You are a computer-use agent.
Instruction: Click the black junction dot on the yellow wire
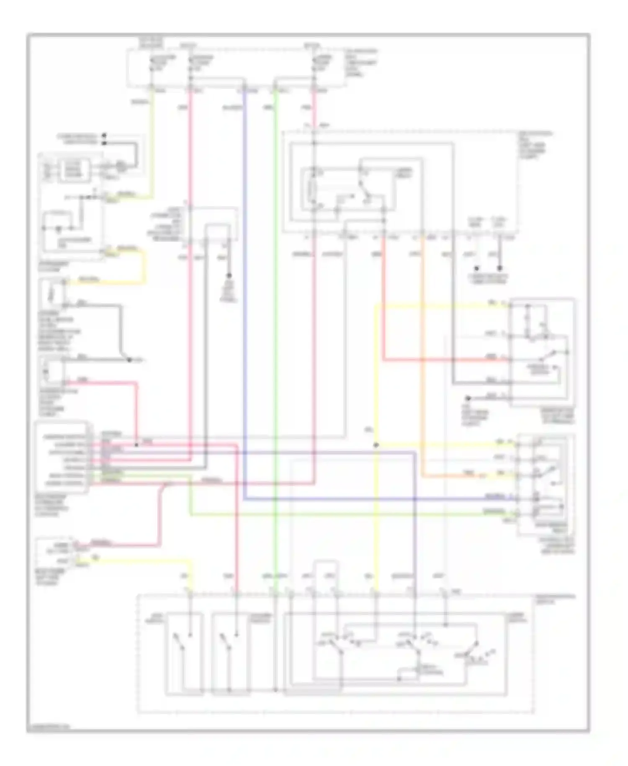[376, 445]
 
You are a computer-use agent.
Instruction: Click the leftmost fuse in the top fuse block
[152, 67]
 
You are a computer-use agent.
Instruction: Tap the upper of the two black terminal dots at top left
[104, 136]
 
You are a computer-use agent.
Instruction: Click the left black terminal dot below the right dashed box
[476, 268]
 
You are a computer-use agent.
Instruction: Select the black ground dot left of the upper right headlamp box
[468, 398]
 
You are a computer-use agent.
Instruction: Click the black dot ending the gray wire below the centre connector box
[229, 276]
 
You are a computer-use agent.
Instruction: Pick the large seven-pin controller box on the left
[62, 457]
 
